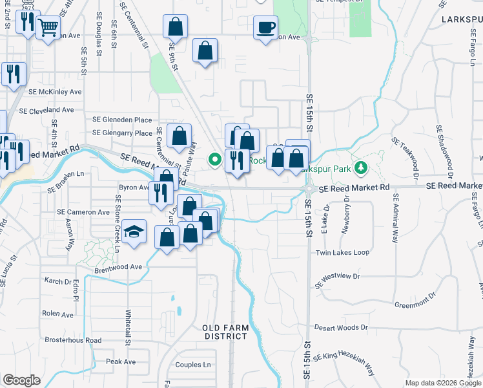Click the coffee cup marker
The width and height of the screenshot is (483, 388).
[x=265, y=28]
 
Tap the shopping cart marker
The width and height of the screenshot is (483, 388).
[x=47, y=28]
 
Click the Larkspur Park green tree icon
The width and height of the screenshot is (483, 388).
[x=362, y=168]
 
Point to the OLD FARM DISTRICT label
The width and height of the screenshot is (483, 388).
[x=226, y=332]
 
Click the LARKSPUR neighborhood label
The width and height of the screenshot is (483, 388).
[x=462, y=20]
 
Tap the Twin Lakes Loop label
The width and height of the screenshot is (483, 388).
[x=342, y=252]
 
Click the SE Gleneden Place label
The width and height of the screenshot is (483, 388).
[x=122, y=120]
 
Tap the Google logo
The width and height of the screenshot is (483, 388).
[x=21, y=380]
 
